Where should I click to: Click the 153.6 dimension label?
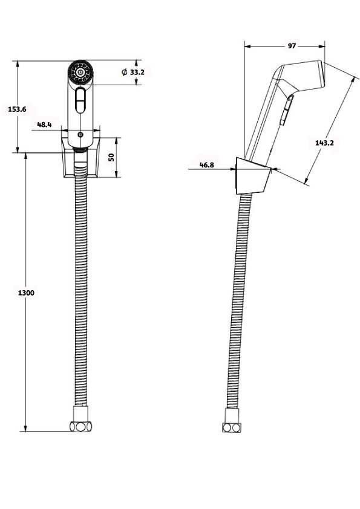(x=17, y=109)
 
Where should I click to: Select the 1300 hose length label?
(x=26, y=293)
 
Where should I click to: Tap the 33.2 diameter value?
(x=137, y=72)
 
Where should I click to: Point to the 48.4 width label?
(x=44, y=125)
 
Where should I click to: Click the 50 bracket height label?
(x=111, y=157)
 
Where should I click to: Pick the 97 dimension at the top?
(x=292, y=46)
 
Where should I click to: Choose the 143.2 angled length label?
(x=324, y=143)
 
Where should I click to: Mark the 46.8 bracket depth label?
(x=207, y=165)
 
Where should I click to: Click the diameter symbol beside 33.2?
(x=125, y=72)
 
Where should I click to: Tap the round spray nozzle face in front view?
(x=80, y=72)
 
